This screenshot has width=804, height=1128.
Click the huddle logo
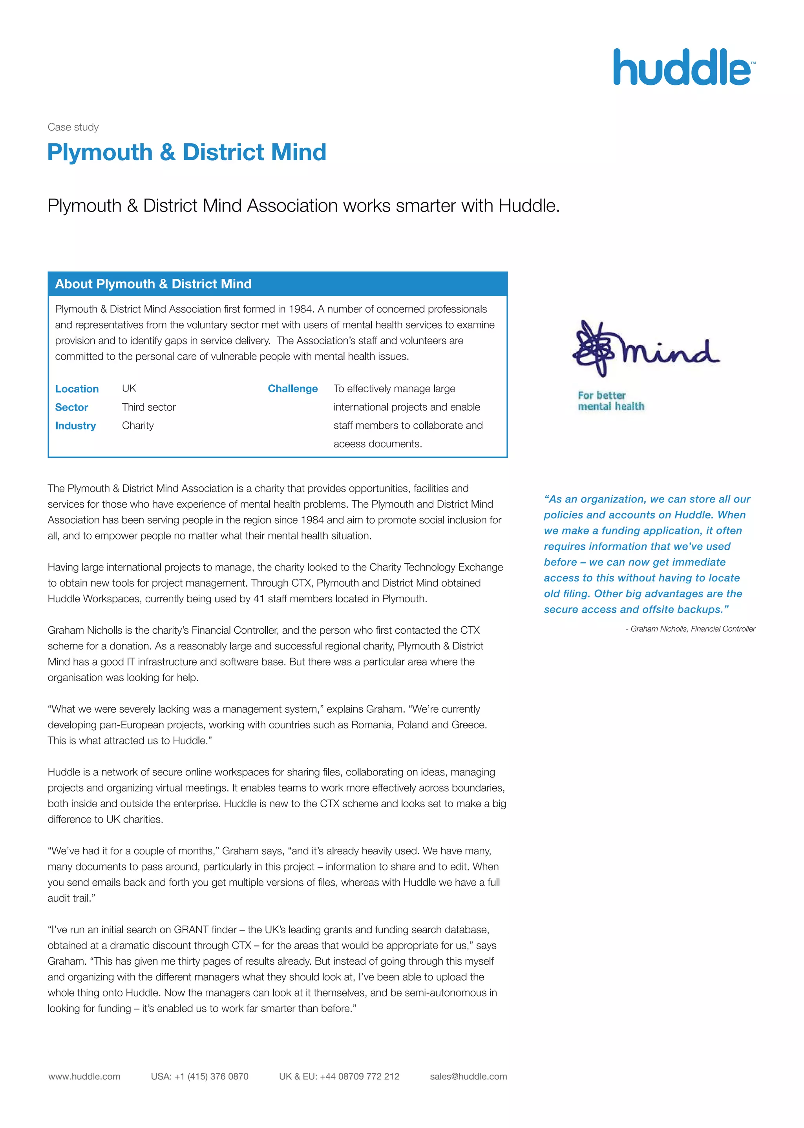tap(683, 68)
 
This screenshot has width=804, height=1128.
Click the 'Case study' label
tap(73, 127)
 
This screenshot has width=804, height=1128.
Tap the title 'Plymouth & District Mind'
tap(186, 152)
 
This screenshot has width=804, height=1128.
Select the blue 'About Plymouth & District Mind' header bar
tap(277, 284)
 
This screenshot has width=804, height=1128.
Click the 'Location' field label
tap(77, 389)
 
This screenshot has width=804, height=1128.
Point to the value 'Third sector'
tap(148, 407)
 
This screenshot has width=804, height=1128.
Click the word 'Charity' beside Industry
tap(138, 425)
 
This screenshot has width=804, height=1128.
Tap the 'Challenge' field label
tap(292, 389)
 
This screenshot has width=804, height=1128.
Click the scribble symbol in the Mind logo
tap(594, 348)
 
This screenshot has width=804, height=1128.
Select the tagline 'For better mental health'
tap(610, 400)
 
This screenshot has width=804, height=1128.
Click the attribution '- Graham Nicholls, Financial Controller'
tap(690, 629)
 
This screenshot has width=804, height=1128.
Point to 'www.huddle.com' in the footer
tap(84, 1076)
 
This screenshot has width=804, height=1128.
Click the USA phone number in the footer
tap(199, 1076)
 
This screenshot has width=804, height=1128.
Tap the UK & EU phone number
tap(339, 1076)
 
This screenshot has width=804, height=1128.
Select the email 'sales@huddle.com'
tap(468, 1076)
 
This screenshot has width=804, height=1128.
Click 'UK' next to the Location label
tap(129, 388)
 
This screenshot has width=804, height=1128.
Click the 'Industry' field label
tap(75, 426)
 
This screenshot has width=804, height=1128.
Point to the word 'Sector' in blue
tap(71, 407)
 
